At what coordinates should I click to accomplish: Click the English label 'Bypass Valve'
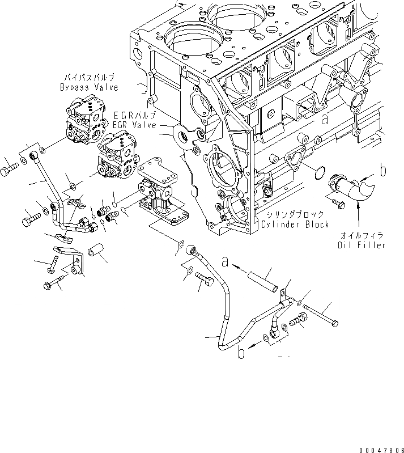[89, 87]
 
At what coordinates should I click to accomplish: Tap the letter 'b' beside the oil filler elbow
[384, 169]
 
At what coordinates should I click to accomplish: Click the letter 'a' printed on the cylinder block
[324, 120]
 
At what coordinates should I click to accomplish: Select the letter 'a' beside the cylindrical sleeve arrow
[226, 263]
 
